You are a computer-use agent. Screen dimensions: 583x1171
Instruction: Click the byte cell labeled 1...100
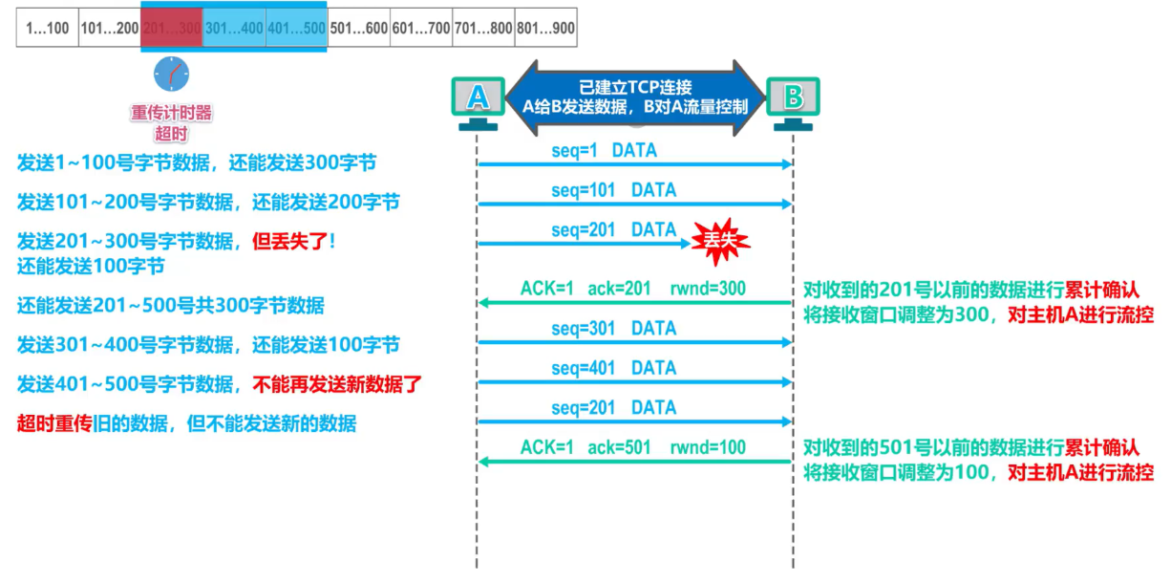pos(48,29)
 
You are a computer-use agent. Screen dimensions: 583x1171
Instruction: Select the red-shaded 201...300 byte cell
pos(172,29)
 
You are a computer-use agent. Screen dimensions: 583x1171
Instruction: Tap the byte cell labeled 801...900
pos(546,29)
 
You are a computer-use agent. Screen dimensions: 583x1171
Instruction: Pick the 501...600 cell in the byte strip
pos(358,29)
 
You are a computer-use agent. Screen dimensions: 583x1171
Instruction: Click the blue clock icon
pos(172,74)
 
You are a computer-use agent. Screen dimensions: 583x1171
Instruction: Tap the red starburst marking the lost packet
pos(721,243)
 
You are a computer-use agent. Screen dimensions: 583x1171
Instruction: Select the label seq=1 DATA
pos(604,150)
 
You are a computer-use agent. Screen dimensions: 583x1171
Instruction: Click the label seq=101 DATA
pos(613,190)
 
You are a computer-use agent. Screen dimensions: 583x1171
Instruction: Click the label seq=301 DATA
pos(613,328)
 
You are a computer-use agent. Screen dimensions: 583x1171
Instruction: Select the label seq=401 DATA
pos(613,368)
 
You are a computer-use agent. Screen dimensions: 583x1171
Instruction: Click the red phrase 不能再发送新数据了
pos(336,385)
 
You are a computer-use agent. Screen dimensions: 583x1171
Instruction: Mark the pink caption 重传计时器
pos(172,113)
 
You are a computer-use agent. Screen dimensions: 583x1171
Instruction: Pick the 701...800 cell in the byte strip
pos(483,29)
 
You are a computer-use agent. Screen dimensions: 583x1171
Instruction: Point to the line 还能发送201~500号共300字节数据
pos(171,306)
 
